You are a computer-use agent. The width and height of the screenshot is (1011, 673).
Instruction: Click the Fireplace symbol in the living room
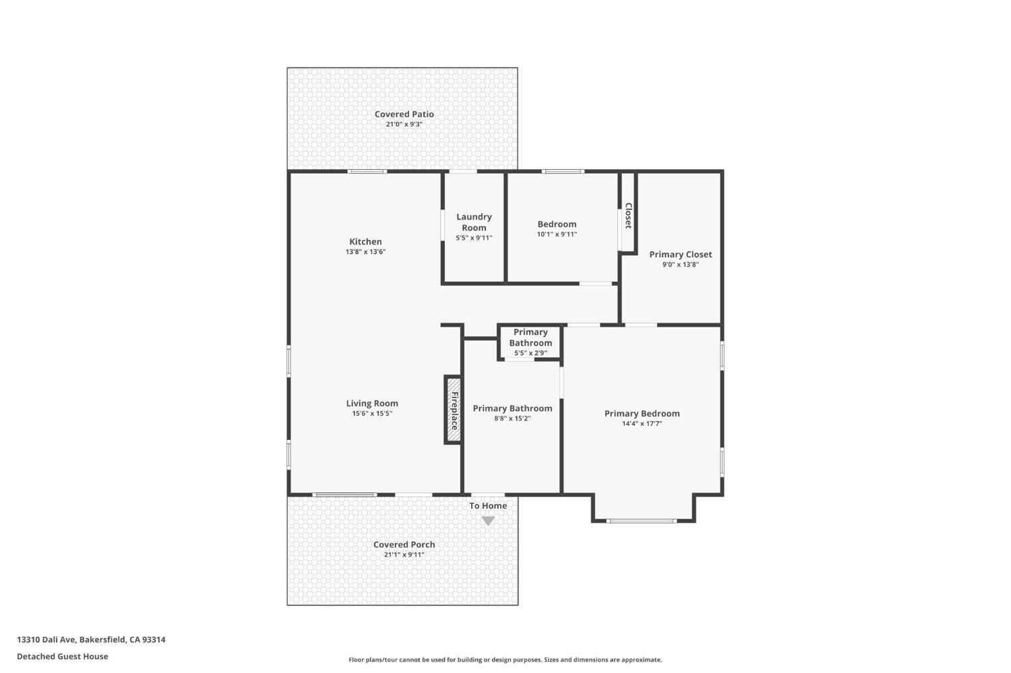coord(454,410)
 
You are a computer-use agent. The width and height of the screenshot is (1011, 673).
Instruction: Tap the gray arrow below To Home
coord(488,521)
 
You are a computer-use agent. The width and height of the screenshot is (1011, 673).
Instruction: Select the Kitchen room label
coord(365,242)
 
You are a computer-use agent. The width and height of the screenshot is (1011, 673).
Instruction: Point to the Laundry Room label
coord(474,222)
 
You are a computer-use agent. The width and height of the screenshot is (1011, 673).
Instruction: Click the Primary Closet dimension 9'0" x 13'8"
coord(680,265)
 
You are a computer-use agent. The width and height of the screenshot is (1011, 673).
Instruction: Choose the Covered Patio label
coord(404,115)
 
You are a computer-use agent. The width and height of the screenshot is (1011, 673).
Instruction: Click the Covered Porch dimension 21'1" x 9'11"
coord(404,555)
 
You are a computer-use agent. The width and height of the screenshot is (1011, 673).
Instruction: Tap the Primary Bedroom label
coord(642,414)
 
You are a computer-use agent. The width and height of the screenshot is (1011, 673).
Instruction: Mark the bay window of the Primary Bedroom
coord(642,521)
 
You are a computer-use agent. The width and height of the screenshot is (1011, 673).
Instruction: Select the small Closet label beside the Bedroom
coord(628,216)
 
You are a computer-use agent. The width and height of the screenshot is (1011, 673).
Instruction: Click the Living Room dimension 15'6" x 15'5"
coord(372,414)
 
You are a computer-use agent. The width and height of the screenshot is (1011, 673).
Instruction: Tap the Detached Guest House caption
coord(63,656)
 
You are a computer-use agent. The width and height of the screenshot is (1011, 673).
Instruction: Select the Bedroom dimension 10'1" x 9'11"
coord(557,234)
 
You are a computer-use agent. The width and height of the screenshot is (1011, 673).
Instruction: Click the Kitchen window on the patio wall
coord(367,171)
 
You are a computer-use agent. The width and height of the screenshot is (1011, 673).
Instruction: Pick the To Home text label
coord(488,506)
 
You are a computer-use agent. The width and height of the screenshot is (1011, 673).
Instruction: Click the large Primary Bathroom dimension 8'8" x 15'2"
coord(512,418)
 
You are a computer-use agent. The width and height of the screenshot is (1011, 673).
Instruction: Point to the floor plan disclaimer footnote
coord(505,660)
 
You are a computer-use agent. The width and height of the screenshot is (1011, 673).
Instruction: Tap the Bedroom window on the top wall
coord(563,171)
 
